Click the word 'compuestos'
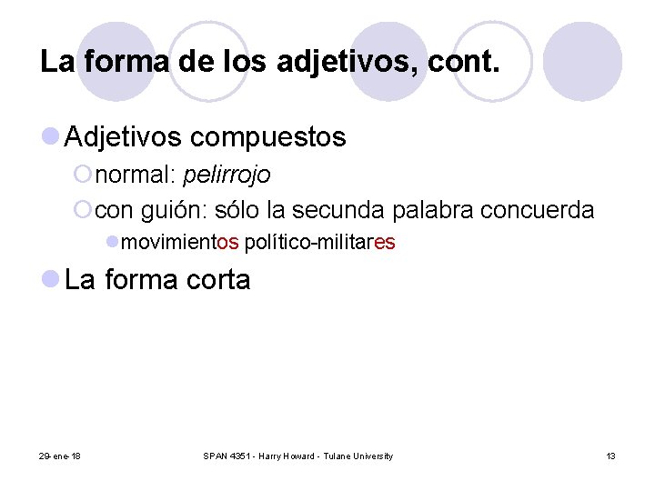(268, 137)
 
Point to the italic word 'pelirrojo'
(227, 175)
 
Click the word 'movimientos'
(180, 244)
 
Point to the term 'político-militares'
(320, 244)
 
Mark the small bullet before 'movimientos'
(112, 243)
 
